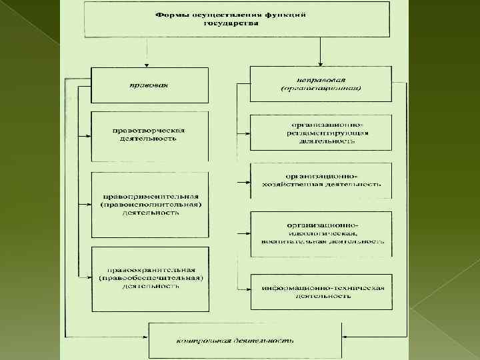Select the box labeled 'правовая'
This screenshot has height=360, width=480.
149,85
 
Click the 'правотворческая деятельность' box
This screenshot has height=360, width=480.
149,136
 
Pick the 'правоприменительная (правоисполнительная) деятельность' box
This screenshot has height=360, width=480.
149,205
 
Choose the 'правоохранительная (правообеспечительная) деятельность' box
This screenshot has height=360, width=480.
149,277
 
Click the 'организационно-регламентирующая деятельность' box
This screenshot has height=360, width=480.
321,132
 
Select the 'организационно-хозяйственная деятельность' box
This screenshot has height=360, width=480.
321,180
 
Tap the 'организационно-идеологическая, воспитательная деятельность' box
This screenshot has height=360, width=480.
321,233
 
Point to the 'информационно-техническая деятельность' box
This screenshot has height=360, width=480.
321,291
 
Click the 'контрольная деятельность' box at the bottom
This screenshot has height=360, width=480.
244,340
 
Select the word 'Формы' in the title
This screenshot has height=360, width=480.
169,14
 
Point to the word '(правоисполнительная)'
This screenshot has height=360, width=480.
149,205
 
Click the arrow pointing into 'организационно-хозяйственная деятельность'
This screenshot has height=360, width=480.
244,181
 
